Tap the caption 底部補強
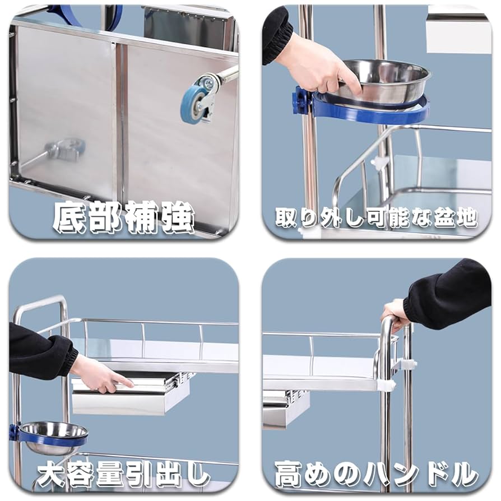coord(123,217)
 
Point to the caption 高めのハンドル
coord(376,475)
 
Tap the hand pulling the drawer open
coord(101,374)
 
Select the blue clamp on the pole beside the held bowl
coord(301,101)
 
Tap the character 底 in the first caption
coord(69,217)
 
